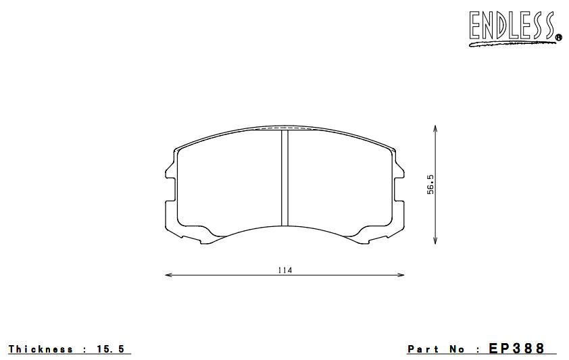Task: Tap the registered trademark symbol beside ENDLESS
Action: point(558,37)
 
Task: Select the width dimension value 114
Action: point(284,270)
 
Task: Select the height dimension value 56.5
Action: point(430,184)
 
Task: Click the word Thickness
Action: point(41,349)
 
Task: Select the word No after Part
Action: point(455,349)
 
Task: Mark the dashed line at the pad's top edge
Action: point(284,127)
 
